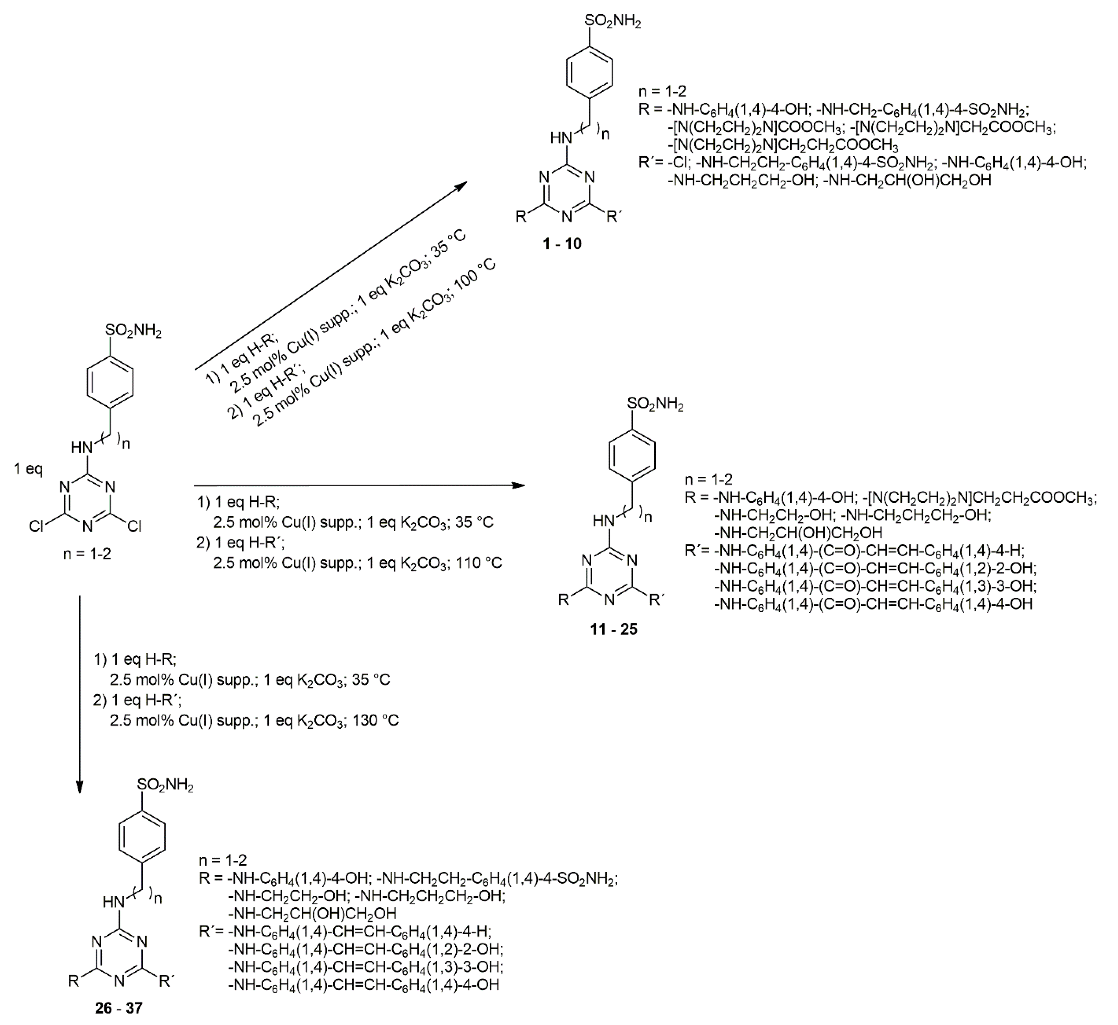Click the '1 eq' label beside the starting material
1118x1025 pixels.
(x=28, y=469)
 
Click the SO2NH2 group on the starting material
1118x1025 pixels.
(x=133, y=332)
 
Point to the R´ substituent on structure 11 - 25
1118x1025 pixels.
(x=656, y=600)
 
